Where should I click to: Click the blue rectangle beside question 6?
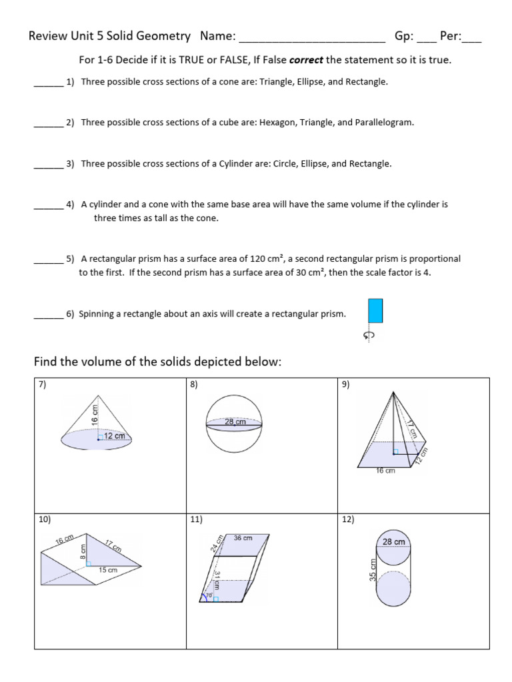pos(375,310)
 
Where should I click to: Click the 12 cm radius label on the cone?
pos(115,436)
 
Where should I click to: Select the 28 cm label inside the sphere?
pos(235,422)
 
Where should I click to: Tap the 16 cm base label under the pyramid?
pos(385,471)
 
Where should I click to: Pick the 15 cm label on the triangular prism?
pos(108,570)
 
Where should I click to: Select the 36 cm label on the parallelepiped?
pos(243,537)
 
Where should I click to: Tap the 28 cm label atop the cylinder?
pos(393,541)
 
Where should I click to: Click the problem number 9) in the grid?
pos(345,384)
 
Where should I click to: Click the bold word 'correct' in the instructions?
pos(307,60)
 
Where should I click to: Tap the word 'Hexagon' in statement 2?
pos(277,123)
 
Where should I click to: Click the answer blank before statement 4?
pos(48,205)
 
